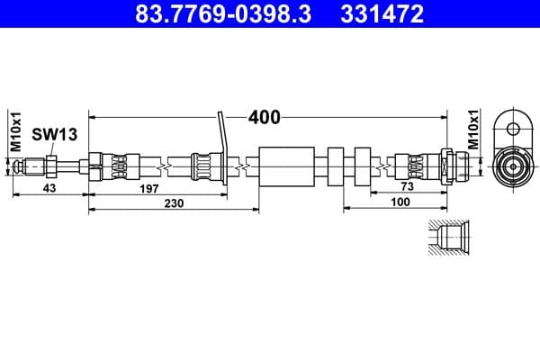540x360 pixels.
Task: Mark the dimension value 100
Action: point(400,204)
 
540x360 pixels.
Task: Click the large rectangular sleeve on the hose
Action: point(287,166)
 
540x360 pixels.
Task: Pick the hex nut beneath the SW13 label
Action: point(52,166)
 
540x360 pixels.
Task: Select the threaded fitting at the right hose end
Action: point(454,166)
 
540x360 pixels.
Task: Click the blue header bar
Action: point(270,15)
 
